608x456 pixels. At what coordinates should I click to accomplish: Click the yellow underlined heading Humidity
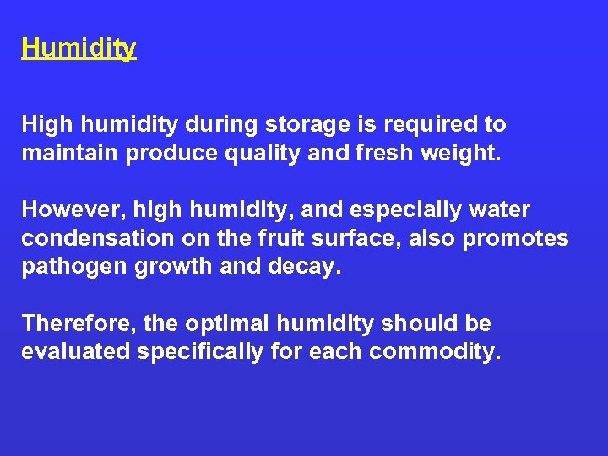coord(79,48)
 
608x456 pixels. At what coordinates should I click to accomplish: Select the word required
coord(437,125)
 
